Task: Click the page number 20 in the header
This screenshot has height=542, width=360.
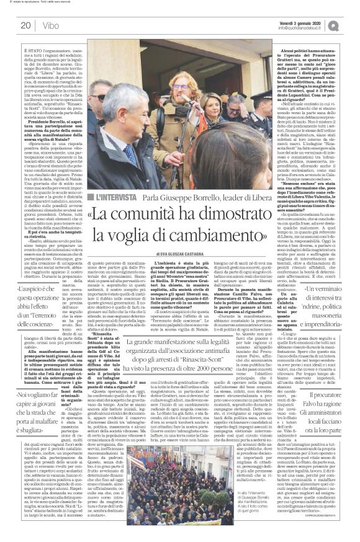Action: coord(26,25)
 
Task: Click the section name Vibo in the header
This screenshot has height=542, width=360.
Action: coord(52,25)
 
